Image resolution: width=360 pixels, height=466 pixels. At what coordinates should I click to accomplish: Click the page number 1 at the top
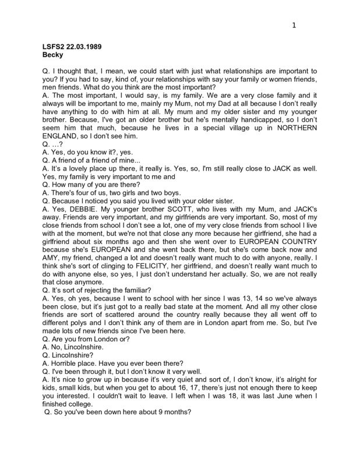tap(294, 25)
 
